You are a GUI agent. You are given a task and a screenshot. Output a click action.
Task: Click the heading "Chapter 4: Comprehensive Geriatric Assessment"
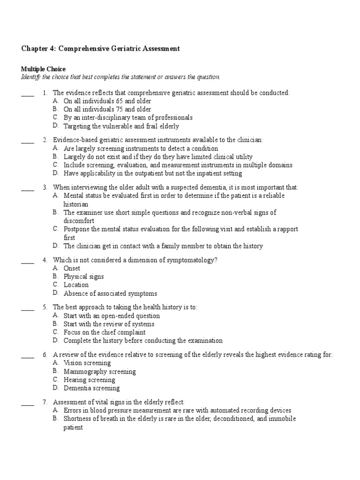click(x=100, y=49)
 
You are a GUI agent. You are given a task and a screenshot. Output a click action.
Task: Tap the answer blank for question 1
click(x=28, y=95)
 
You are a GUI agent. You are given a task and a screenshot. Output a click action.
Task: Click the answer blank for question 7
click(x=28, y=404)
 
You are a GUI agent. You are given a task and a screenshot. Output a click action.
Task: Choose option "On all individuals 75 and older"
click(x=107, y=109)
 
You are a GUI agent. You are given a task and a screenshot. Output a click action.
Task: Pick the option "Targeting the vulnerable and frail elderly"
click(x=121, y=126)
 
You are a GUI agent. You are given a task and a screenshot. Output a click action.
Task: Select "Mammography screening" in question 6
click(x=100, y=371)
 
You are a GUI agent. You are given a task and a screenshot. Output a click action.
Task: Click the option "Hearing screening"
click(x=89, y=380)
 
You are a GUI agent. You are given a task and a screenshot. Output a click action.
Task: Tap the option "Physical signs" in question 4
click(x=84, y=277)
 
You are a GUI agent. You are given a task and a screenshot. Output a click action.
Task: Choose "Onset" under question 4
click(x=72, y=268)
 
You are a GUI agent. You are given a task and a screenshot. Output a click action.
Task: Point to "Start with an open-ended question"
click(x=112, y=315)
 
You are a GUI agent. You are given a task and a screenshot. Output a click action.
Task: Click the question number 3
click(x=45, y=187)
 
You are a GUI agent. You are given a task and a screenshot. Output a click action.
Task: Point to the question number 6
click(x=45, y=355)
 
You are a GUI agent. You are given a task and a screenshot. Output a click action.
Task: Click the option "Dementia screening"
click(x=91, y=388)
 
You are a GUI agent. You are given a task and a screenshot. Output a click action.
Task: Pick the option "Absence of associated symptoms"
click(x=110, y=293)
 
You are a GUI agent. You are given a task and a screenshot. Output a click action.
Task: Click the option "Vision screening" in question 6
click(x=87, y=363)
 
